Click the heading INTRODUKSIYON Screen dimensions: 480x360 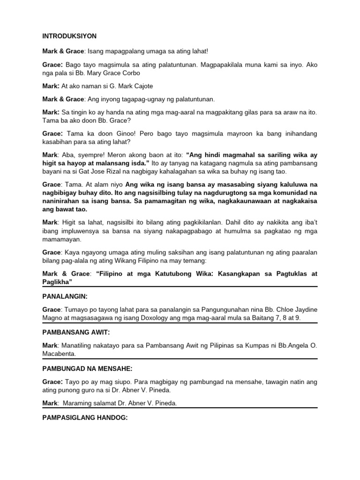[x=69, y=36]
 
